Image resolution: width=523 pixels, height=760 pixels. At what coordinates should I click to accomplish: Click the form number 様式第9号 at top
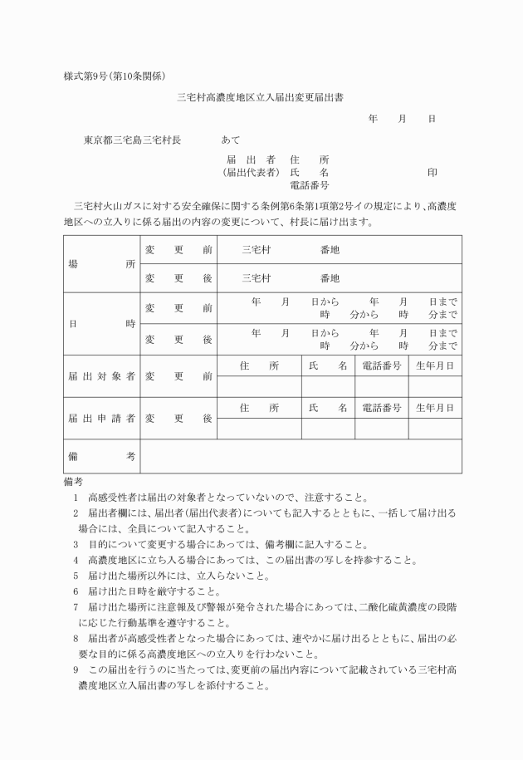89,76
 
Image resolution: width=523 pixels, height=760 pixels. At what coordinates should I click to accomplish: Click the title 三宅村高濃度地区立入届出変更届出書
261,97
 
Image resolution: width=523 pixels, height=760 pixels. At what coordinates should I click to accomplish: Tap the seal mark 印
432,172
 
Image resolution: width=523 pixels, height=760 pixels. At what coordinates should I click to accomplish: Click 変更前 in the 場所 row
178,249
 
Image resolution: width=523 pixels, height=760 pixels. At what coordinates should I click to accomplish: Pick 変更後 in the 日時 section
178,340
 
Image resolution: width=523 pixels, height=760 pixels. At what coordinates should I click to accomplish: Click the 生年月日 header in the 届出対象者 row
435,365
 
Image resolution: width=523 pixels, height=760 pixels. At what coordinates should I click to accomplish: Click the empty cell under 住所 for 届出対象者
259,386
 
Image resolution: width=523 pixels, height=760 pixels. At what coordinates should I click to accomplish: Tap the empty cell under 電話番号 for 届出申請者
382,429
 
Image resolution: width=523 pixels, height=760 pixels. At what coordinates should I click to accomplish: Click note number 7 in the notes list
76,607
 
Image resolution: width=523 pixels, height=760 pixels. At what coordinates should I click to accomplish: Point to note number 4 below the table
76,560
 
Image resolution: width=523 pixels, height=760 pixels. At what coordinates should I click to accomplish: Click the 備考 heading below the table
73,482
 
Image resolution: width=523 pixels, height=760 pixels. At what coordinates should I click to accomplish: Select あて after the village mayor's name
231,140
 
